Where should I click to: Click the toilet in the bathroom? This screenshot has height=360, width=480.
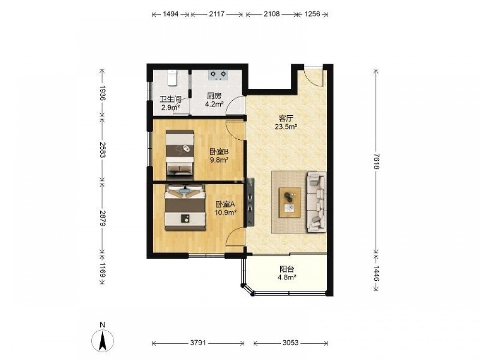pyautogui.click(x=173, y=78)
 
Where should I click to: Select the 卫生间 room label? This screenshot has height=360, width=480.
pyautogui.click(x=170, y=99)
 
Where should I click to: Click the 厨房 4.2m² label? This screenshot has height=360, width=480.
pyautogui.click(x=214, y=100)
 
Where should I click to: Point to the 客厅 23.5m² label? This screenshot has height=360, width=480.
pyautogui.click(x=286, y=122)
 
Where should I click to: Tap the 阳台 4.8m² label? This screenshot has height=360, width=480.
pyautogui.click(x=287, y=273)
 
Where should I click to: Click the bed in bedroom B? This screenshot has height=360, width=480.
pyautogui.click(x=180, y=155)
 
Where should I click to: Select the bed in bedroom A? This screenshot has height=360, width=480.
pyautogui.click(x=185, y=207)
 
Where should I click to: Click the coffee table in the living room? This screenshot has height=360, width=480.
pyautogui.click(x=289, y=203)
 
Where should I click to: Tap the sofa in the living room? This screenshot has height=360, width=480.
pyautogui.click(x=316, y=202)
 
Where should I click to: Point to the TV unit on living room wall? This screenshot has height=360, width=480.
pyautogui.click(x=251, y=203)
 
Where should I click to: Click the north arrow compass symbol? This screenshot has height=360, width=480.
pyautogui.click(x=103, y=339)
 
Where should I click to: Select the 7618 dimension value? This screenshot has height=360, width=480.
pyautogui.click(x=376, y=161)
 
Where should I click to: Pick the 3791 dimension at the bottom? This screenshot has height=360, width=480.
pyautogui.click(x=198, y=343)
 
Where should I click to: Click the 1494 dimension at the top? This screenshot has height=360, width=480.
pyautogui.click(x=170, y=14)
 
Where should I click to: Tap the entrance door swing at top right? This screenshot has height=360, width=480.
pyautogui.click(x=313, y=76)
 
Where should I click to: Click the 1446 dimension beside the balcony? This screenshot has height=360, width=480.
pyautogui.click(x=376, y=274)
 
